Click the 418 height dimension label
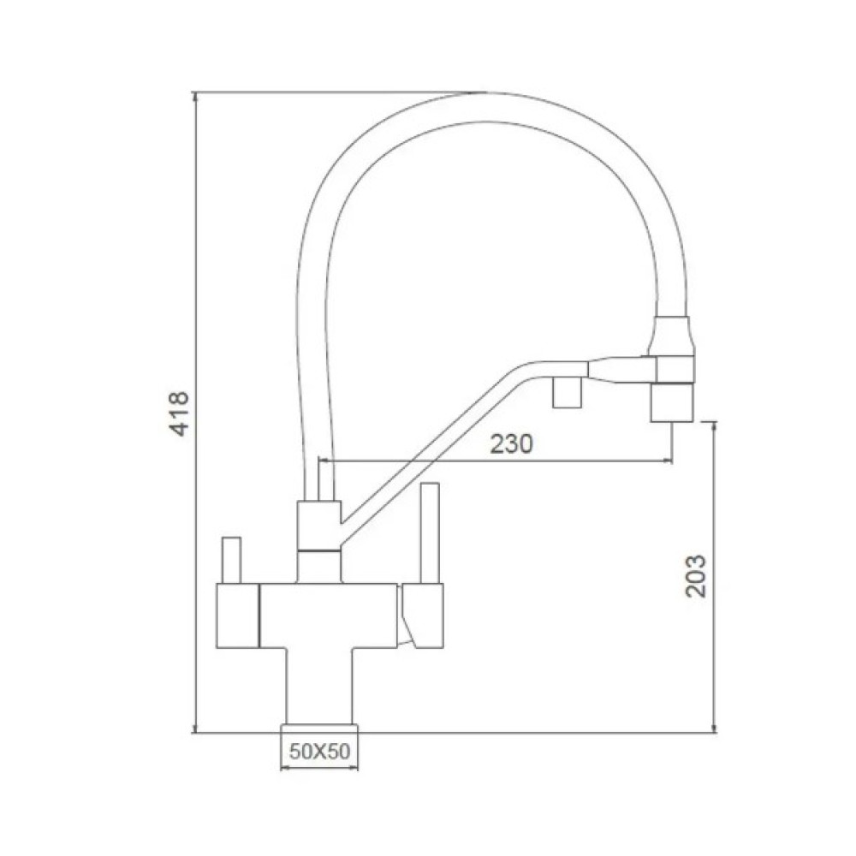pyautogui.click(x=180, y=413)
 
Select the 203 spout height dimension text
pyautogui.click(x=696, y=576)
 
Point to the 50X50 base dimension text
pyautogui.click(x=319, y=752)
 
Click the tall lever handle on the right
pyautogui.click(x=430, y=532)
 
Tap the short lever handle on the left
pyautogui.click(x=231, y=560)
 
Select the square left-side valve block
pyautogui.click(x=238, y=615)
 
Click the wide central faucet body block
pyautogui.click(x=329, y=615)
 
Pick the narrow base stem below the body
pyautogui.click(x=319, y=687)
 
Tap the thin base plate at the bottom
pyautogui.click(x=319, y=730)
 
